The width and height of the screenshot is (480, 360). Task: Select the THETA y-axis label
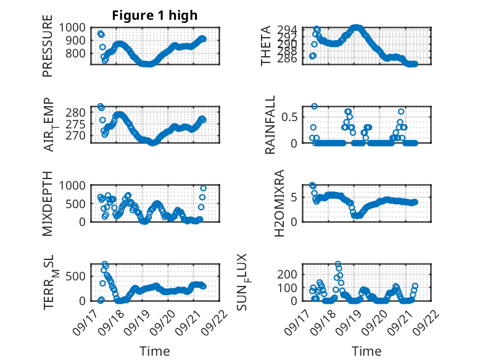pyautogui.click(x=266, y=46)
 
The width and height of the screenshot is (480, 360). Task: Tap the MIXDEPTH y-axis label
pyautogui.click(x=48, y=203)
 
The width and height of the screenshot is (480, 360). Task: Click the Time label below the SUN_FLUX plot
pyautogui.click(x=366, y=351)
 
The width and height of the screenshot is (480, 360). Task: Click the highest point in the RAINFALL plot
pyautogui.click(x=314, y=106)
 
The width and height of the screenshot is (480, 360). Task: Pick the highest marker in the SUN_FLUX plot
pyautogui.click(x=338, y=264)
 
